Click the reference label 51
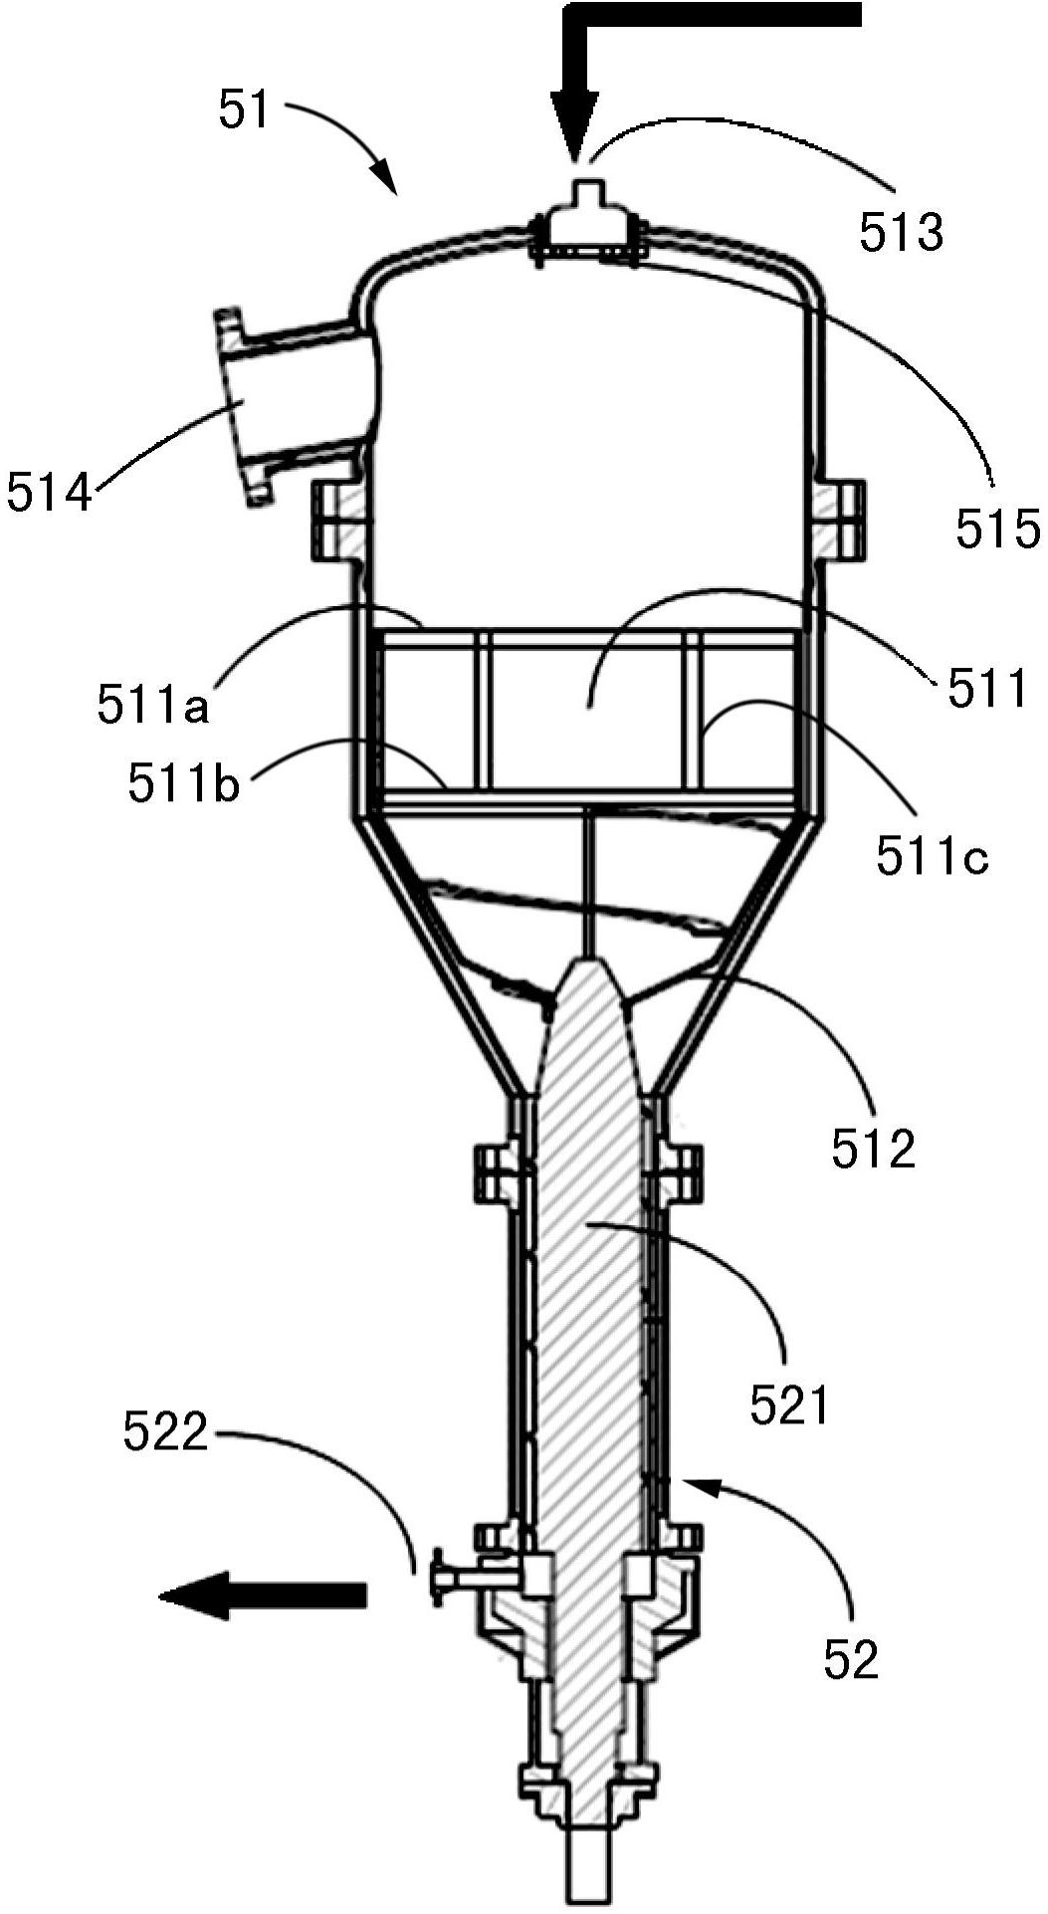(245, 111)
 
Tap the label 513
(901, 233)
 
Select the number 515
(998, 529)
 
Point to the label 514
(48, 493)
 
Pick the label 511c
(934, 855)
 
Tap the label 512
(873, 1149)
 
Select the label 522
(166, 1433)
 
